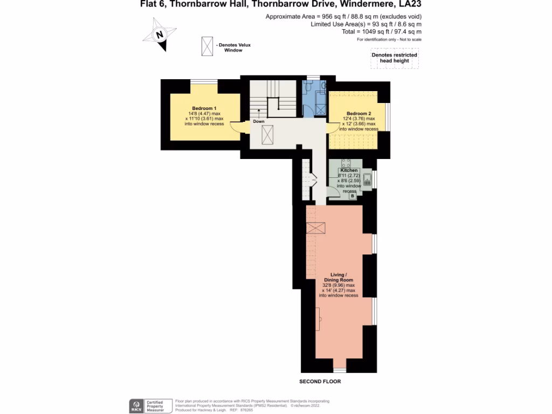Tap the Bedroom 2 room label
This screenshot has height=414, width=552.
tap(358, 114)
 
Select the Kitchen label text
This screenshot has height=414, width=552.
tap(349, 170)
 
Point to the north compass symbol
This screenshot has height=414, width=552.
tap(159, 36)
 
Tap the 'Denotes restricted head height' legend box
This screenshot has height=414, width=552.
tap(394, 58)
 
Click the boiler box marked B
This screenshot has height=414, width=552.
tap(353, 196)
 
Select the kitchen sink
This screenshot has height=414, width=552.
tap(367, 180)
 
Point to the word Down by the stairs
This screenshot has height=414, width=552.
tap(259, 121)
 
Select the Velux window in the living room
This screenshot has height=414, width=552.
tap(316, 228)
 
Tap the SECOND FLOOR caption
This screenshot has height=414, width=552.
tap(320, 381)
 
